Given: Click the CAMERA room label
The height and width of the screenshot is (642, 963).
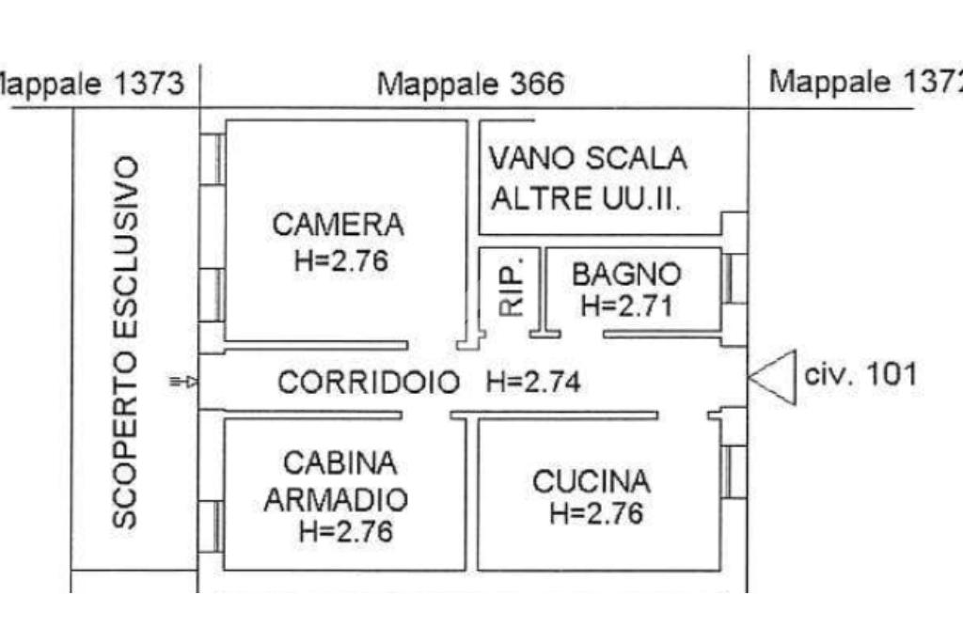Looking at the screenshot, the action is [x=338, y=225].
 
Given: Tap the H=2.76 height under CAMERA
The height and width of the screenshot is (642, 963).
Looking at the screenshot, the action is [x=340, y=260].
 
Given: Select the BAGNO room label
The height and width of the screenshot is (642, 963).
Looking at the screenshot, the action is [x=626, y=274].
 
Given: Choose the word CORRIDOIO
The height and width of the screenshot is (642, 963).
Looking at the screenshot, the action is [x=370, y=383].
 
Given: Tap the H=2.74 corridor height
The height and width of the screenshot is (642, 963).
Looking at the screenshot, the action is [x=533, y=383].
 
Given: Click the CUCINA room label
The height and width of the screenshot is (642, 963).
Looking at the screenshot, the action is [x=591, y=482].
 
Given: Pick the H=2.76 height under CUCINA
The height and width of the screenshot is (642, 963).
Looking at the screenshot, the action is [x=596, y=514].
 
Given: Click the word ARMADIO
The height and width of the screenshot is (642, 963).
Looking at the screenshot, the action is [x=336, y=499].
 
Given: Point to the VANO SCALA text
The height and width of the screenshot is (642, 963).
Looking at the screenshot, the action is [x=587, y=158].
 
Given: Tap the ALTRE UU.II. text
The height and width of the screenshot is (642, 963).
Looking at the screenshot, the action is [x=587, y=198].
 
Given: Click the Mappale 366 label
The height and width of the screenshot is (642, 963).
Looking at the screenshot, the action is [x=470, y=85].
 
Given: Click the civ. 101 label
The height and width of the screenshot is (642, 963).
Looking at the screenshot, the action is [x=860, y=375].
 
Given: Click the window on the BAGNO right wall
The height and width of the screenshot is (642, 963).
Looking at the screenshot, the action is [x=735, y=279].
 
